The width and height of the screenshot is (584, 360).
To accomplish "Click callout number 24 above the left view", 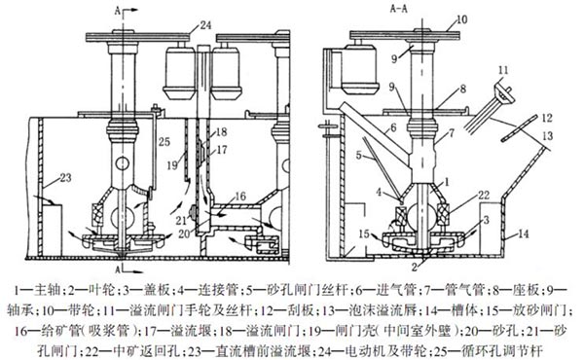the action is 205,25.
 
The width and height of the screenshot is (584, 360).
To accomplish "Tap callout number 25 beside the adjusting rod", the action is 164,141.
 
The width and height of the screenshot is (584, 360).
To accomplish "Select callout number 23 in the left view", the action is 65,178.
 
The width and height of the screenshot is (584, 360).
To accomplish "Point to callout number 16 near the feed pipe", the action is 240,197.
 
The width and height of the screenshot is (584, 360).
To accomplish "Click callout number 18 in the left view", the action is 221,131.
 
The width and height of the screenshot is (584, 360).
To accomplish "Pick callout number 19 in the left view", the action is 172,165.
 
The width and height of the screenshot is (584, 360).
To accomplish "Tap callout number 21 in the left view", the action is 181,221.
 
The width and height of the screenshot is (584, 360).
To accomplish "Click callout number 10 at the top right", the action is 461,18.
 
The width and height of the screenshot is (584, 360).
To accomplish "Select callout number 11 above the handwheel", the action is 503,70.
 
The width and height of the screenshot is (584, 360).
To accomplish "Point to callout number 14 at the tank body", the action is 524,234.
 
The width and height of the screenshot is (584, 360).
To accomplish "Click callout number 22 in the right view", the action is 483,195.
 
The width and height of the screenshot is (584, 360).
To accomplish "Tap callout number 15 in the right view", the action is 364,234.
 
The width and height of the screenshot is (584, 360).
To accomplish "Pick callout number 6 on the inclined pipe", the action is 393,128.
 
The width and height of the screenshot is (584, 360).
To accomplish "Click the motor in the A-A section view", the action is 360,70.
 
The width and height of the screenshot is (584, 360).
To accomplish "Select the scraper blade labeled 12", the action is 519,128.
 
